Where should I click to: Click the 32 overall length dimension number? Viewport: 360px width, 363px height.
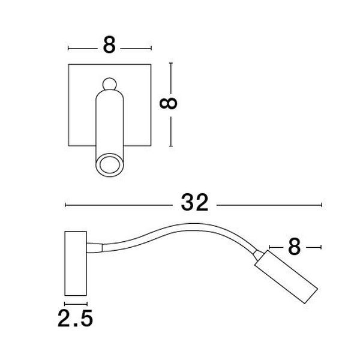[x=194, y=203]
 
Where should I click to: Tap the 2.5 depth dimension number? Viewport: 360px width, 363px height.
[x=75, y=318]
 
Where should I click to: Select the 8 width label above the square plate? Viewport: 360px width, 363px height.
[x=109, y=45]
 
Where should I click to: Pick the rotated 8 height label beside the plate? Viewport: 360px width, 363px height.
[x=169, y=103]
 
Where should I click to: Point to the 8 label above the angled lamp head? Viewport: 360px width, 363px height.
[x=294, y=247]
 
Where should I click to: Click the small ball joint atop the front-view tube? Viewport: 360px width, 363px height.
[x=110, y=84]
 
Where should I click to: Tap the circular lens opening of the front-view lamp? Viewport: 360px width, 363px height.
[x=110, y=164]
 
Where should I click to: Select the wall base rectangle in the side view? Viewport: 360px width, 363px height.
[x=76, y=263]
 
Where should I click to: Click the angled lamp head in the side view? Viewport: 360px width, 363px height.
[x=286, y=277]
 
